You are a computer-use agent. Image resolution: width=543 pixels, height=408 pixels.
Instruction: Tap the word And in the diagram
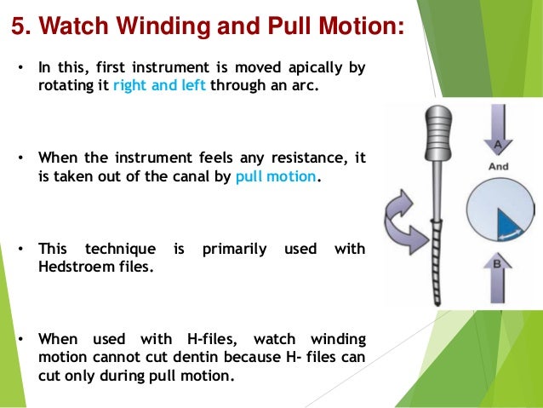(x=499, y=167)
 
